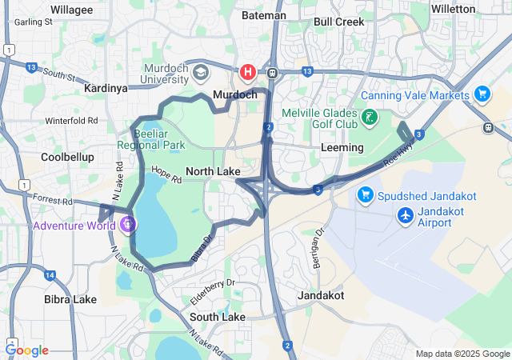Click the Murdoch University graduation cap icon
[x=199, y=73]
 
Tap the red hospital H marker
[x=248, y=72]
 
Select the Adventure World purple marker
[x=127, y=225]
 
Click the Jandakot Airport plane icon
[x=406, y=215]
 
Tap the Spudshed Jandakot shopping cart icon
[x=365, y=194]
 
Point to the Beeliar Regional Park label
[x=151, y=139]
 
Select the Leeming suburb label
[x=342, y=148]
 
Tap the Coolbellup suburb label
[x=68, y=158]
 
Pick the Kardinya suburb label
[x=106, y=89]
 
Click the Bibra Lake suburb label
[x=70, y=299]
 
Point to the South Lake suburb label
[x=218, y=317]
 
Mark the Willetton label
[x=477, y=9]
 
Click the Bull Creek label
[x=338, y=21]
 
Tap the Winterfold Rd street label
[x=70, y=121]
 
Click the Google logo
[x=27, y=350]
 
